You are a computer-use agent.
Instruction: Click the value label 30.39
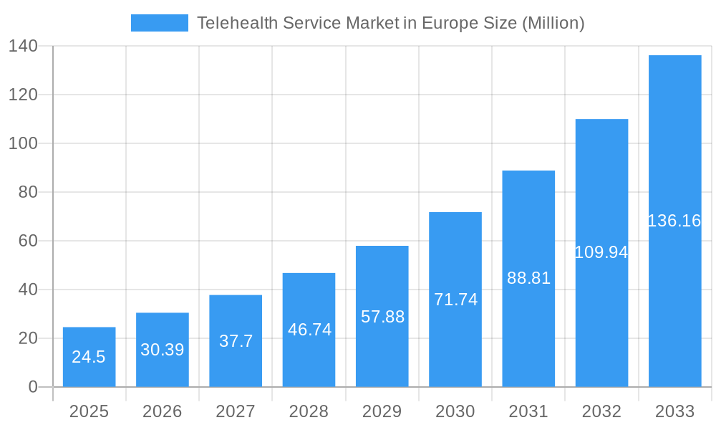pyautogui.click(x=162, y=350)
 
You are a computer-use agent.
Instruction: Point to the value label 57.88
pyautogui.click(x=382, y=317)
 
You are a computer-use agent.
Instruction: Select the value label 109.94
pyautogui.click(x=601, y=252)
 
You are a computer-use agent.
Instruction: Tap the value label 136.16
pyautogui.click(x=674, y=221)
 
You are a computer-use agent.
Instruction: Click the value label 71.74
pyautogui.click(x=455, y=300)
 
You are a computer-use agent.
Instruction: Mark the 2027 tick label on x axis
pyautogui.click(x=236, y=411)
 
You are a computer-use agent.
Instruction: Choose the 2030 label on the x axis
pyautogui.click(x=455, y=411)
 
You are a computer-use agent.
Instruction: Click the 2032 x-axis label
pyautogui.click(x=601, y=411)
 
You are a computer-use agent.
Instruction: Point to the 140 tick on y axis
pyautogui.click(x=23, y=46)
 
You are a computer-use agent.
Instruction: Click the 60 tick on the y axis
pyautogui.click(x=28, y=241)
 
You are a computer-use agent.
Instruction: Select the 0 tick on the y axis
pyautogui.click(x=33, y=387)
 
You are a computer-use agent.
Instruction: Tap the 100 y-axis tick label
pyautogui.click(x=23, y=143)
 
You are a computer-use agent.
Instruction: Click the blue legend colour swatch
pyautogui.click(x=159, y=23)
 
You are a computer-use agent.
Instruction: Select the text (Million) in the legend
pyautogui.click(x=553, y=23)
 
